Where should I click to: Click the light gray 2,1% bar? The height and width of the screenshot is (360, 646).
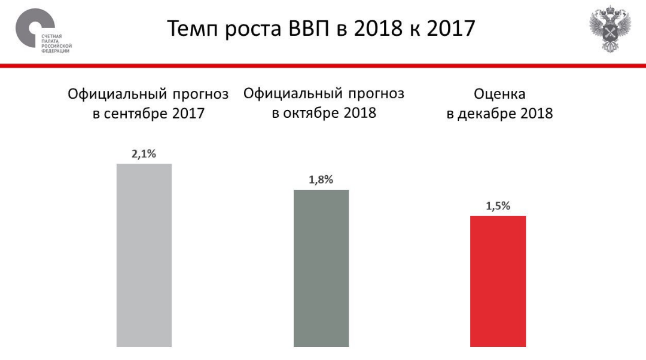144,255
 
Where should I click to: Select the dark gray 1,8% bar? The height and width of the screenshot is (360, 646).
321,268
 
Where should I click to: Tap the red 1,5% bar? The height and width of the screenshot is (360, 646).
498,281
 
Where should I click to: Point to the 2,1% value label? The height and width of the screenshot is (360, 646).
144,154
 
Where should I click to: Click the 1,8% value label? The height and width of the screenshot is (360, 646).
321,180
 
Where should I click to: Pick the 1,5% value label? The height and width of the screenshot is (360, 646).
498,206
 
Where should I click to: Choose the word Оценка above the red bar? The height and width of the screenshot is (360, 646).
499,94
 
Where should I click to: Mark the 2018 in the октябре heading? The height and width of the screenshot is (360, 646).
359,112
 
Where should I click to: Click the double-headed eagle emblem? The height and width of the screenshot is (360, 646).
610,30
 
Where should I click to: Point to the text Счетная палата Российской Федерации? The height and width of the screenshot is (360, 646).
56,44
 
